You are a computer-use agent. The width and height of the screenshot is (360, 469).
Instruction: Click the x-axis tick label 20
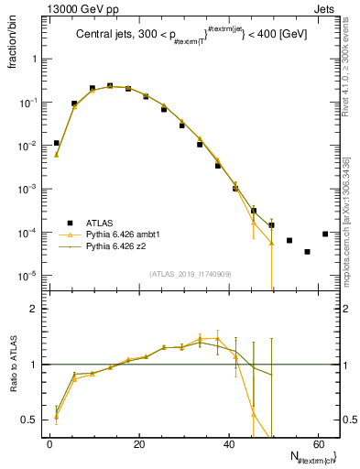[x=140, y=445]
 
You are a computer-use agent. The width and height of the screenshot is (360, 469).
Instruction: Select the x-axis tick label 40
[x=231, y=445]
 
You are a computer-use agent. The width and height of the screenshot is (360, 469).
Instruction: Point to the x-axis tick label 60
[x=321, y=445]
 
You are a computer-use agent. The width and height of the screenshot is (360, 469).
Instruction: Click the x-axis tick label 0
[x=50, y=445]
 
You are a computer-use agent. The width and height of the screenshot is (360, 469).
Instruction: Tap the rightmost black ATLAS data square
[x=325, y=234]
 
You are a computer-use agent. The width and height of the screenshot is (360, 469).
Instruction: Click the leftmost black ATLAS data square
[x=57, y=143]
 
